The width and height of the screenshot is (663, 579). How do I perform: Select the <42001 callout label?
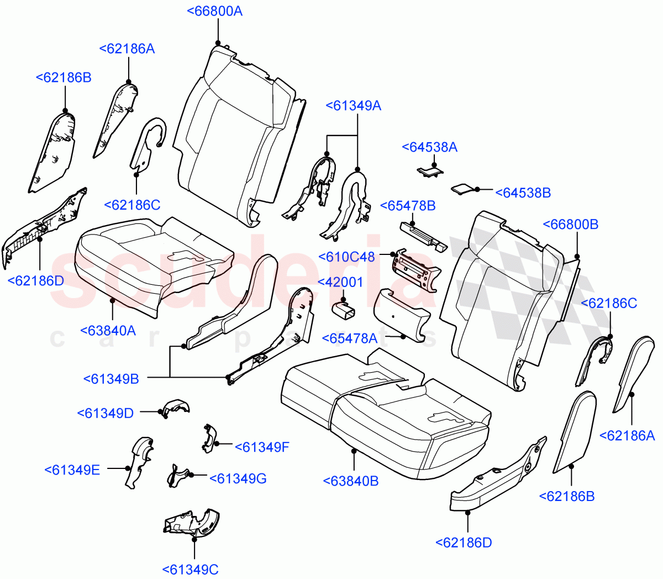click(x=340, y=282)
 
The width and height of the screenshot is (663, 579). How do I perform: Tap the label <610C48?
click(x=347, y=257)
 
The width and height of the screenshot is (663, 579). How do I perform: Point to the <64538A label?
click(x=429, y=147)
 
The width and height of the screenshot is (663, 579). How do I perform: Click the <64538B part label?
click(x=523, y=192)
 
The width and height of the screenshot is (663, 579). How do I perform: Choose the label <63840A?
click(x=108, y=331)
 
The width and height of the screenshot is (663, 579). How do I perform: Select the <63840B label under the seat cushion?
click(x=351, y=481)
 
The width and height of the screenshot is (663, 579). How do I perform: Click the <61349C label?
click(x=191, y=569)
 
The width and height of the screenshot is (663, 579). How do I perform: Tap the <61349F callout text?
click(x=262, y=447)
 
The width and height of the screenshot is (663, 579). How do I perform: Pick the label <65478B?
click(x=408, y=206)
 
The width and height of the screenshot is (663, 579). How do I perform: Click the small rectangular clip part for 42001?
click(x=343, y=312)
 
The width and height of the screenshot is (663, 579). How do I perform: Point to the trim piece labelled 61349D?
click(x=176, y=408)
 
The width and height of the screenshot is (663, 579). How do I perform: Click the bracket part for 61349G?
click(x=178, y=476)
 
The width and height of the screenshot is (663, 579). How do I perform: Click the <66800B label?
click(x=571, y=225)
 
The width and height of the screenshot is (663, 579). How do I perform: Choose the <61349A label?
click(x=354, y=106)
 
